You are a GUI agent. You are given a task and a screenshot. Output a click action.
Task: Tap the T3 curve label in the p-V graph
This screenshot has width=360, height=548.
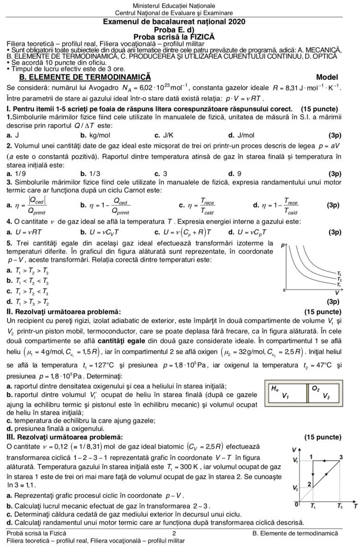(x=340, y=273)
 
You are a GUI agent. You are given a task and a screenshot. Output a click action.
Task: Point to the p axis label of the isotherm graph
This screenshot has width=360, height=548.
(x=282, y=246)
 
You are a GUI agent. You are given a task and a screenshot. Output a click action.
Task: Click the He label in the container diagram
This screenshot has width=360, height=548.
(x=275, y=389)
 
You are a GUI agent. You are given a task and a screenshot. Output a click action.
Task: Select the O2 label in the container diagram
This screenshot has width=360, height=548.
(x=316, y=389)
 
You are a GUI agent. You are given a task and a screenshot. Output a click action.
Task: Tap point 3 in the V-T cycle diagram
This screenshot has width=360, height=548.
(x=341, y=457)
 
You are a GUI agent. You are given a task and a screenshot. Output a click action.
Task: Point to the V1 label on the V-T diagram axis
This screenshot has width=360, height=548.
(x=295, y=460)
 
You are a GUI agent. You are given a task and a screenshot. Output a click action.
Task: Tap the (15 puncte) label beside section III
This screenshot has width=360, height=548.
(x=322, y=436)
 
